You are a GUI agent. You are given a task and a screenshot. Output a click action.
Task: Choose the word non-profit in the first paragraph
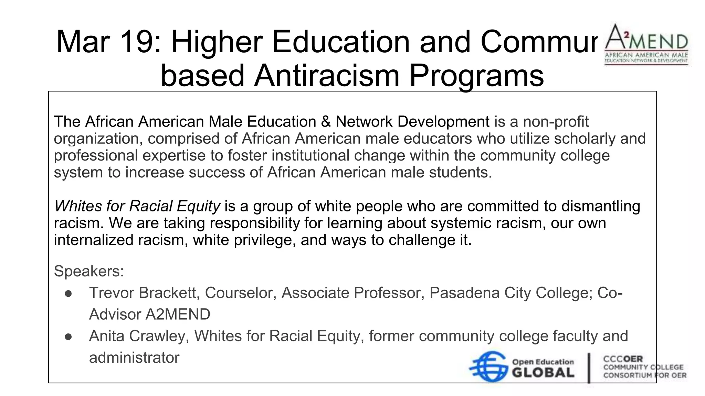click(x=556, y=122)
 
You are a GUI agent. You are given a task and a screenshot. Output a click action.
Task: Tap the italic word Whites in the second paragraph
click(x=78, y=206)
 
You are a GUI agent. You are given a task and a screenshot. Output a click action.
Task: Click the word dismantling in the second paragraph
click(x=601, y=206)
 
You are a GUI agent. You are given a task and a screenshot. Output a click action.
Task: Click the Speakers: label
click(x=89, y=271)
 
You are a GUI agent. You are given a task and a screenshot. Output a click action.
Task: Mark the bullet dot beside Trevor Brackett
click(x=68, y=294)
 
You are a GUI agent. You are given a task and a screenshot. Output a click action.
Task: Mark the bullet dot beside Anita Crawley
click(x=68, y=337)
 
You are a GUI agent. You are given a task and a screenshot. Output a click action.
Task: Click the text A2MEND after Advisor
click(x=178, y=315)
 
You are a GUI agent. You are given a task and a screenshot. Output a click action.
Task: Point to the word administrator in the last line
click(x=134, y=358)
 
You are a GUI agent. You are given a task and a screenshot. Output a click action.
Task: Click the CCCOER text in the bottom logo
click(x=623, y=359)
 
